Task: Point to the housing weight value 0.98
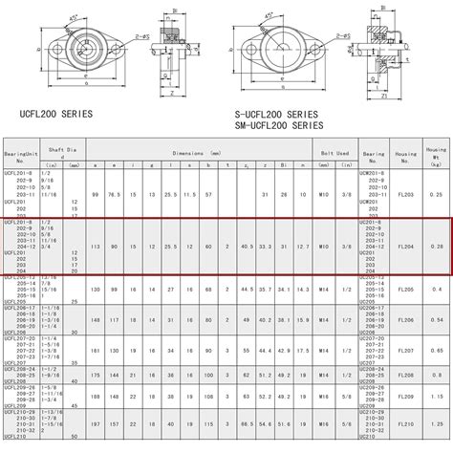[x=436, y=422]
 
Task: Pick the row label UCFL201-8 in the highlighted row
[x=16, y=222]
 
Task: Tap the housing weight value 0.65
[x=436, y=350]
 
